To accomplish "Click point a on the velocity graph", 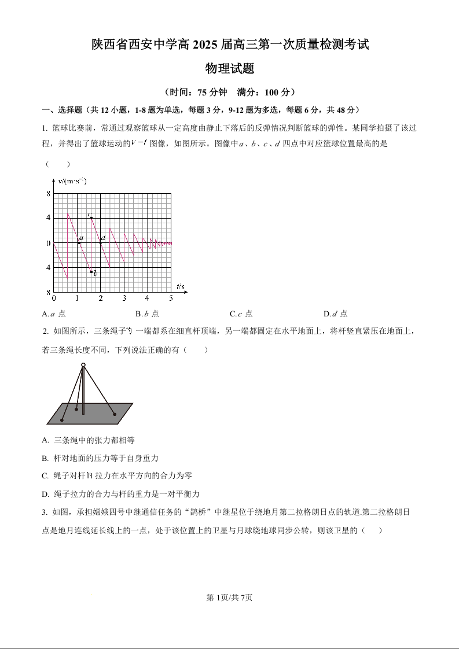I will [x=79, y=243].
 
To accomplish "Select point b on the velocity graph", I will [x=91, y=271].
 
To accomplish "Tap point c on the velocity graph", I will [x=91, y=217].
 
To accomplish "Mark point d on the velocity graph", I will [x=101, y=243].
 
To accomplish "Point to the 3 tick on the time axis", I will [x=124, y=298].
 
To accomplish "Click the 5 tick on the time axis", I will [x=171, y=298].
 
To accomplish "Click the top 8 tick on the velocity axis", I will [x=49, y=194].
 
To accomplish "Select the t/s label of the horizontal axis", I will [x=180, y=287].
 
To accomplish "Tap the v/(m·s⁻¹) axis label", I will [x=72, y=181].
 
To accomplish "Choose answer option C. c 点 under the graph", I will [x=241, y=314].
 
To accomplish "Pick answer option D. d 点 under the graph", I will [x=336, y=314].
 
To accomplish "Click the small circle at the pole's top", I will [x=83, y=365].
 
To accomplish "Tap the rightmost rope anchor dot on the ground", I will [x=115, y=414].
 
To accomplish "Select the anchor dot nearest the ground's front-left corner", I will [x=63, y=419].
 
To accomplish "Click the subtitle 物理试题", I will [x=230, y=69].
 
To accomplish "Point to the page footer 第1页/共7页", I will [x=229, y=598].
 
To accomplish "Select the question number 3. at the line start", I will [x=45, y=512].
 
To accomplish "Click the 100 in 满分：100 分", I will [x=272, y=92].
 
